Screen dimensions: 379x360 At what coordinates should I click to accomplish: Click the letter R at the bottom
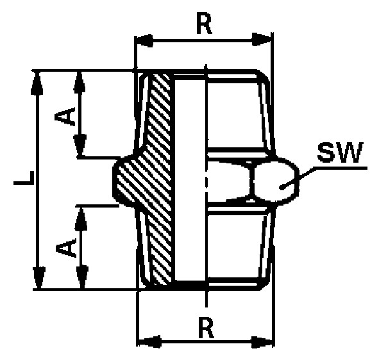point(206,327)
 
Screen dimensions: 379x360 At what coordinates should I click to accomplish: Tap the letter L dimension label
point(24,178)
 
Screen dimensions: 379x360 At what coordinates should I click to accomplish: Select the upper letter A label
point(65,117)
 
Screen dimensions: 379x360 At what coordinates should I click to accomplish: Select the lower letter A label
point(66,247)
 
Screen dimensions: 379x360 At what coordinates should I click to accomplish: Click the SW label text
point(341,152)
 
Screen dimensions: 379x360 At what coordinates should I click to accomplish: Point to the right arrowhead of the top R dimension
point(261,39)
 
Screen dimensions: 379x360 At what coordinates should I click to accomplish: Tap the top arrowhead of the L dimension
point(37,83)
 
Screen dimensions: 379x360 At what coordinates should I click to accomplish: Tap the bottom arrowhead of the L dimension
point(39,277)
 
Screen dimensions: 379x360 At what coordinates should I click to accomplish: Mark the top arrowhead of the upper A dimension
point(80,81)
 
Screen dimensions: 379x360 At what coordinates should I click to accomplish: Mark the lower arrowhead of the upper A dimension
point(80,145)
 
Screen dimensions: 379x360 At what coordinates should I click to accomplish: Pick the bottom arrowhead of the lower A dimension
point(83,277)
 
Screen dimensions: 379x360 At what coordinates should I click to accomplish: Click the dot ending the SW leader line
point(282,187)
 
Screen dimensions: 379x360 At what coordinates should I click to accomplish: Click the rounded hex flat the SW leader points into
point(276,180)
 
